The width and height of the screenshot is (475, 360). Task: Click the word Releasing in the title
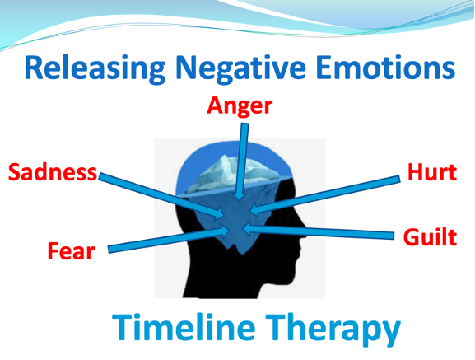click(x=95, y=68)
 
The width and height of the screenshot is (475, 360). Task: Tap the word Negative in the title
click(x=241, y=68)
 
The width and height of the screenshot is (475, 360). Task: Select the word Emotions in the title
click(x=385, y=68)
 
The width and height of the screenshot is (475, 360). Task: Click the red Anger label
click(x=240, y=106)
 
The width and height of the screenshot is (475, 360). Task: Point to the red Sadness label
click(x=53, y=172)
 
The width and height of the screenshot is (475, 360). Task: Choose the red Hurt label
click(x=432, y=172)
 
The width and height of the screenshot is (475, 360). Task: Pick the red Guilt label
click(x=430, y=237)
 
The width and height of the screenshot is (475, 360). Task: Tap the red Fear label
click(x=71, y=251)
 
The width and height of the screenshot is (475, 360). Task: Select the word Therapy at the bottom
click(x=333, y=329)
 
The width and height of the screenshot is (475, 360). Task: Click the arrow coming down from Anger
click(x=242, y=161)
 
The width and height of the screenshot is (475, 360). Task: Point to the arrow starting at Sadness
click(x=161, y=195)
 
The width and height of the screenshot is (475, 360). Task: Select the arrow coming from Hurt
click(x=325, y=195)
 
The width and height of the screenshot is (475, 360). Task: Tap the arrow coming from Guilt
click(x=318, y=231)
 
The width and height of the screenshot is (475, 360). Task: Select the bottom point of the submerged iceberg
click(x=241, y=254)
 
